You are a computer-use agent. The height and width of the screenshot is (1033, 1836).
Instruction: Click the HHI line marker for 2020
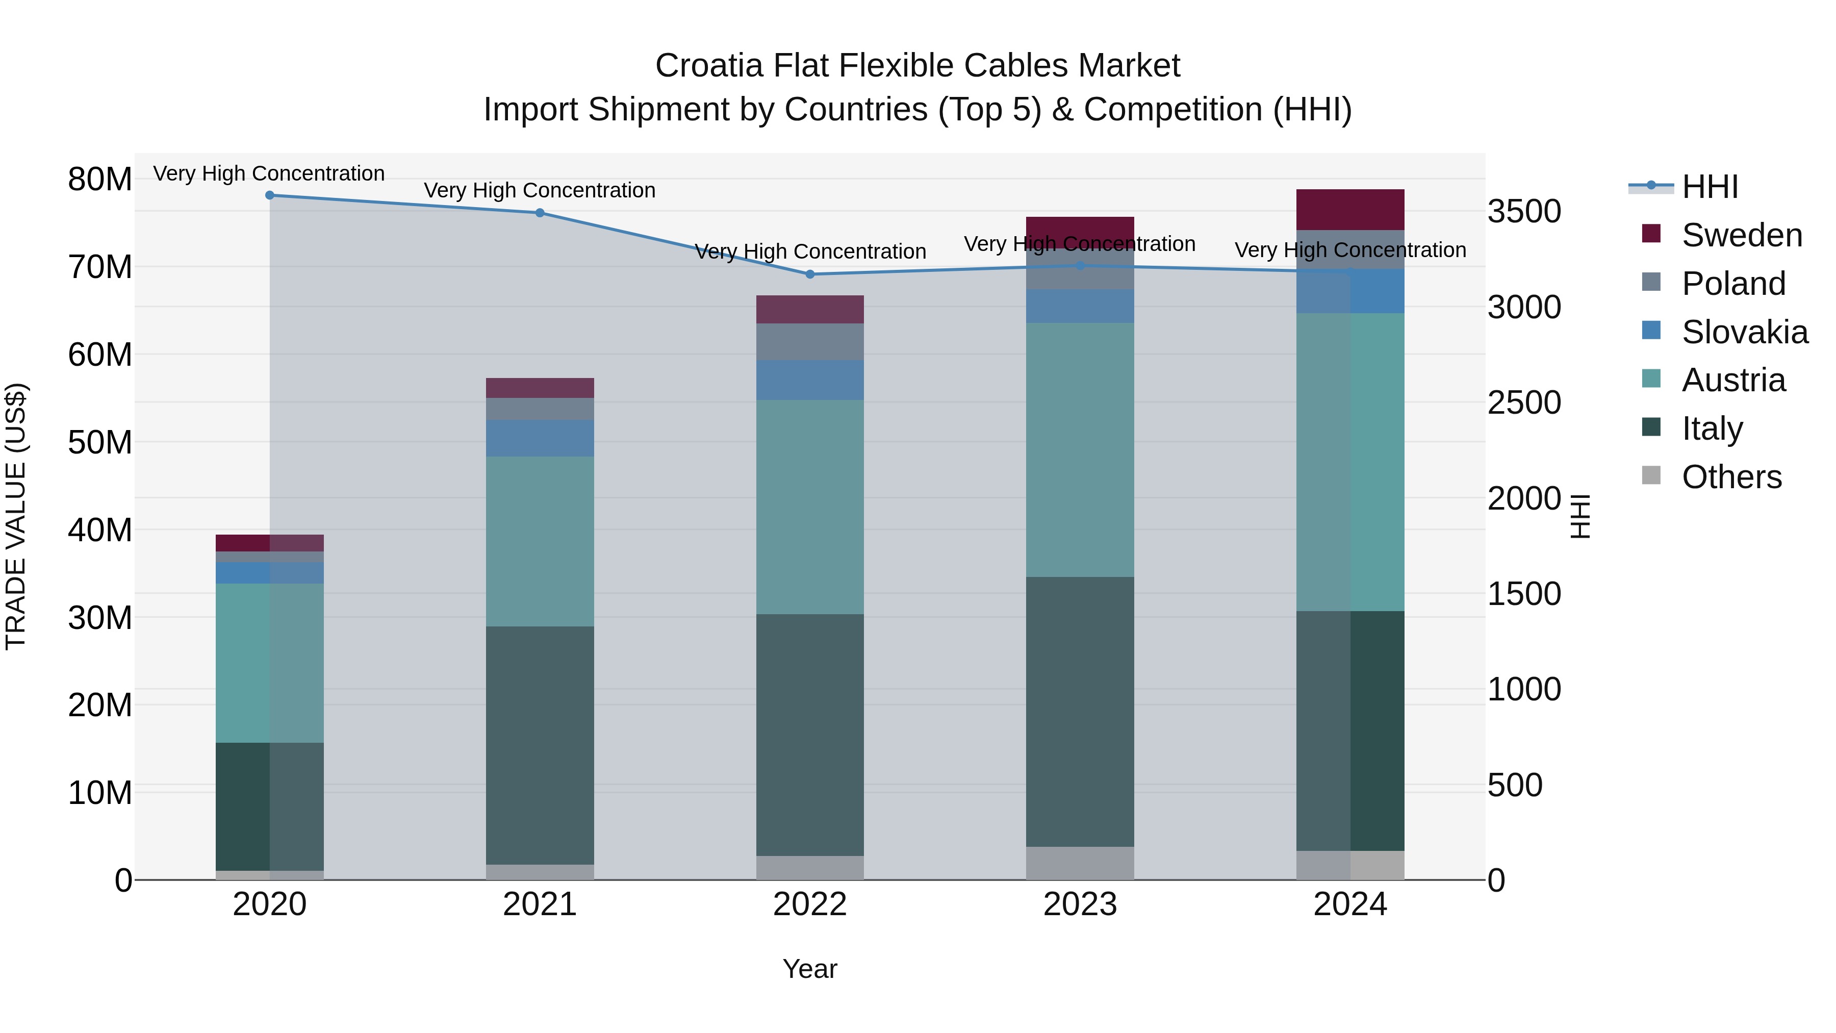(x=269, y=195)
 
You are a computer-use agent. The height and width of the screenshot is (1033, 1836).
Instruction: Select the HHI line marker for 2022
(x=810, y=274)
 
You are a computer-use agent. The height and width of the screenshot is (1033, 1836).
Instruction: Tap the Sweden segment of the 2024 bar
(x=1350, y=210)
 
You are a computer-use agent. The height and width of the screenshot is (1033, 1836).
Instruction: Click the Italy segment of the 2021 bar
(x=540, y=745)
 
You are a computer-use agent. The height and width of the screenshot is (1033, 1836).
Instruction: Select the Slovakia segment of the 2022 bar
(x=810, y=380)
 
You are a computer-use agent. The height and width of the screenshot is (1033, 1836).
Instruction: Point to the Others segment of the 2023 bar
(x=1080, y=863)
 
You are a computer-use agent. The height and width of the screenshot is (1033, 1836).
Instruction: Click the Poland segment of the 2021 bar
(x=540, y=409)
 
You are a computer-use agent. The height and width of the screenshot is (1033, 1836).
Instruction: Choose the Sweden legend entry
(x=1741, y=235)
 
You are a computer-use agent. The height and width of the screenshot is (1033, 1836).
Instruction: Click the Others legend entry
(x=1731, y=477)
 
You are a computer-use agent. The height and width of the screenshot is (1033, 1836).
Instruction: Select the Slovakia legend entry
(x=1744, y=332)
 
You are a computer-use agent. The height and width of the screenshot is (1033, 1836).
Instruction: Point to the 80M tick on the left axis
(x=100, y=179)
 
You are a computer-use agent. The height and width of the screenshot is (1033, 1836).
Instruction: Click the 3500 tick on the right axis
(x=1524, y=212)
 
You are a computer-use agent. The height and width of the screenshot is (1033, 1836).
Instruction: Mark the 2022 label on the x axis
(x=810, y=904)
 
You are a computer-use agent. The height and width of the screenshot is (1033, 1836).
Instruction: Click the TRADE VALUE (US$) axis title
(x=16, y=516)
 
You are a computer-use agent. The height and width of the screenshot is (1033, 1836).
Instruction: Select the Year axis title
(x=810, y=969)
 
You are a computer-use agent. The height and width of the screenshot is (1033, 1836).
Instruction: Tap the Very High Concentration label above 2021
(x=540, y=190)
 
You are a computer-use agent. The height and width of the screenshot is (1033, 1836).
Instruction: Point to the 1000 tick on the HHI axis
(x=1524, y=689)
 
